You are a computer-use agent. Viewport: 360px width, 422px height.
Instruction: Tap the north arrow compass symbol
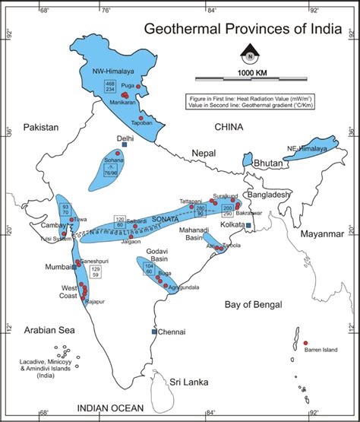point(248,54)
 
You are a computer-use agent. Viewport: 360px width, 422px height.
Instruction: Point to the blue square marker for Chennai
point(154,332)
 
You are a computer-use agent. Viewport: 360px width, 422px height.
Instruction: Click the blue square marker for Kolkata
point(249,226)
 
